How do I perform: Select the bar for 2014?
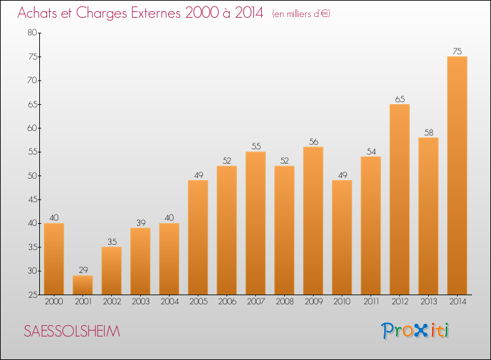(x=457, y=175)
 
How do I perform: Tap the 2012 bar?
(x=399, y=199)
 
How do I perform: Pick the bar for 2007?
(x=255, y=223)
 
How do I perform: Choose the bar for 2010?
(x=342, y=237)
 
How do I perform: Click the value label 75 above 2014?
(x=457, y=51)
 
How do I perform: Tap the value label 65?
(x=399, y=99)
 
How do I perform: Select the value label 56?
(x=313, y=141)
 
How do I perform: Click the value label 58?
(x=428, y=132)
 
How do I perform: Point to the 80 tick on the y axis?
(x=31, y=33)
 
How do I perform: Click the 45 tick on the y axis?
(x=31, y=200)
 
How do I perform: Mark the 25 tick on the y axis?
(x=31, y=295)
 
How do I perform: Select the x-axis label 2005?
(x=198, y=302)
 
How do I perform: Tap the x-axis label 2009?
(x=313, y=302)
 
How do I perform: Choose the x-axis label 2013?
(x=428, y=302)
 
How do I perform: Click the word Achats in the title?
(x=41, y=13)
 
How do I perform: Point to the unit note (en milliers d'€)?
(x=301, y=14)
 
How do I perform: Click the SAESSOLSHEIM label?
(x=72, y=331)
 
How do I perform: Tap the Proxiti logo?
(x=416, y=331)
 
